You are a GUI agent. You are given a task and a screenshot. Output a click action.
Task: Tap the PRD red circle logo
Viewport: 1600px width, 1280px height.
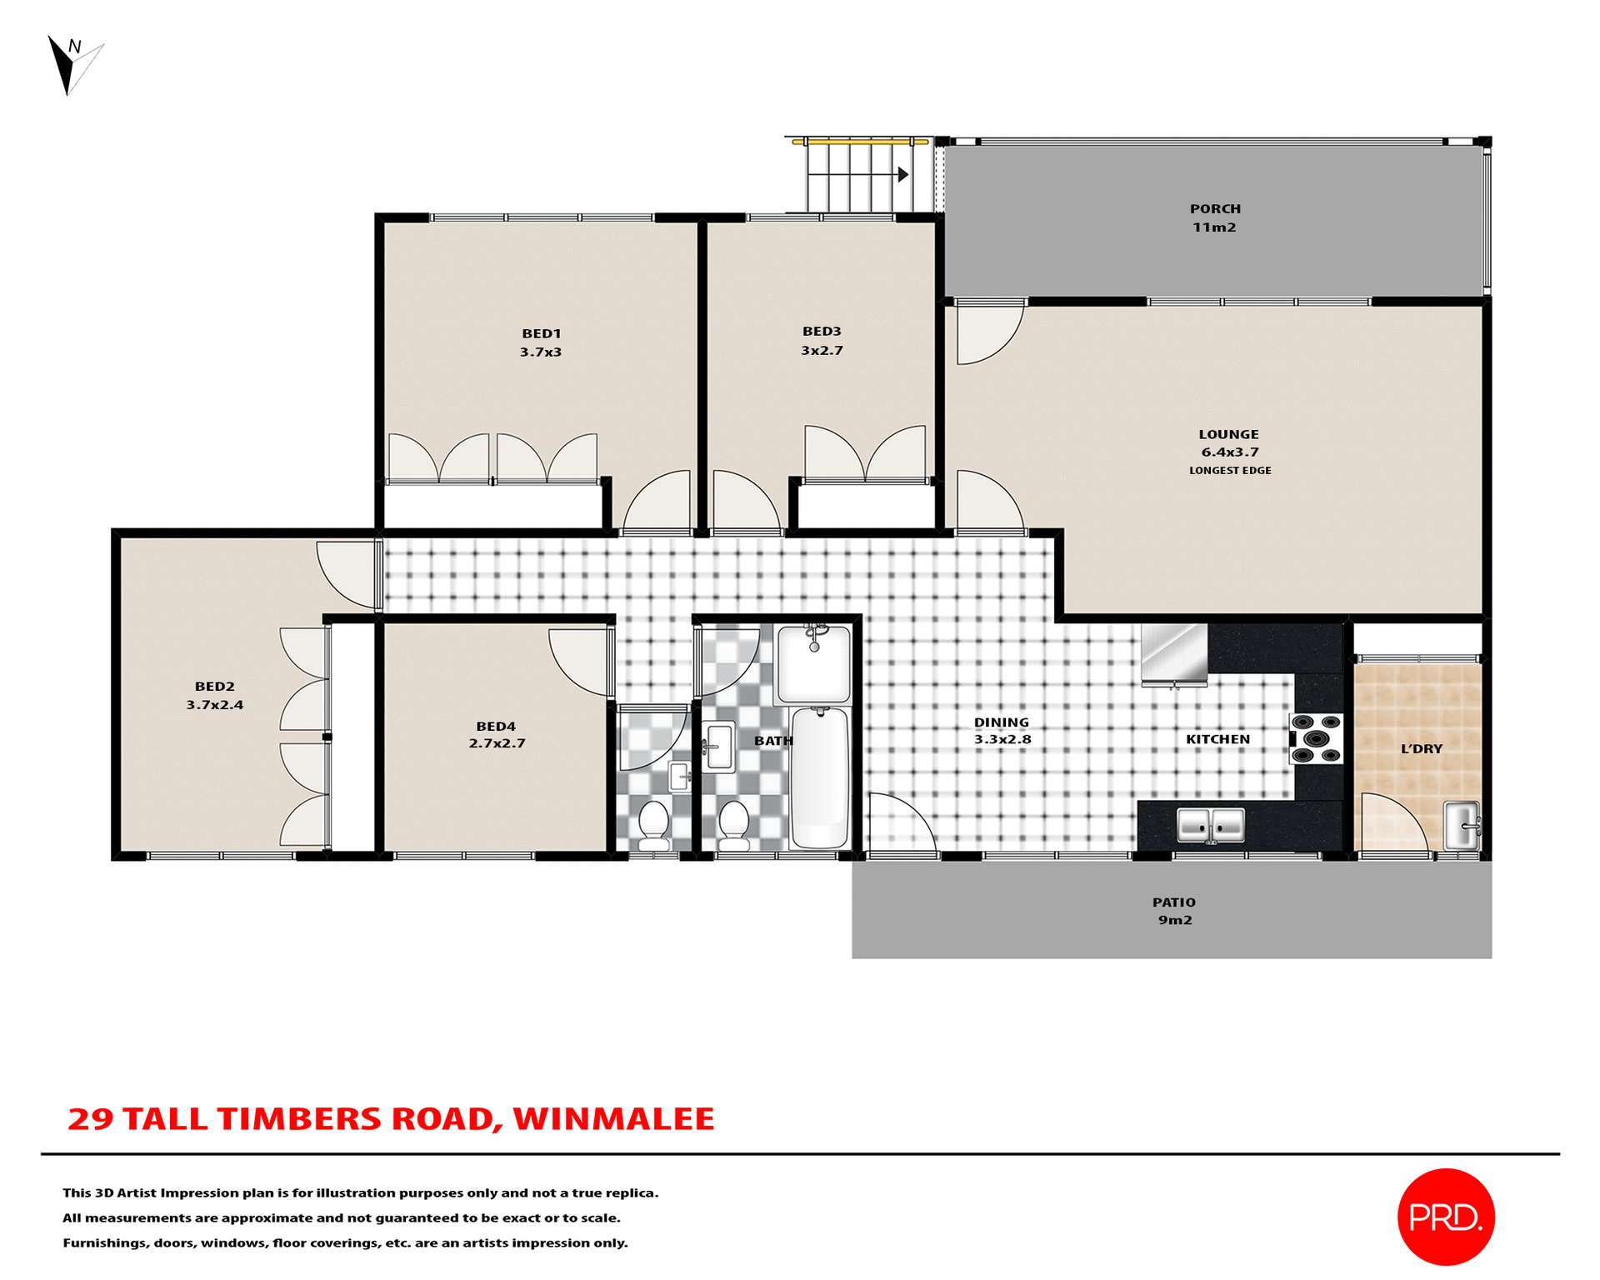(1445, 1217)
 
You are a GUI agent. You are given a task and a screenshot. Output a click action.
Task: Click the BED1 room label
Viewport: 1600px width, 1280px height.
(541, 333)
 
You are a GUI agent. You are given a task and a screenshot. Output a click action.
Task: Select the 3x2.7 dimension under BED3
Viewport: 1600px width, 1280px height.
(822, 351)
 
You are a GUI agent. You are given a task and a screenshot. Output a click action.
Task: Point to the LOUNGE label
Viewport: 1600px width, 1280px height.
(1228, 434)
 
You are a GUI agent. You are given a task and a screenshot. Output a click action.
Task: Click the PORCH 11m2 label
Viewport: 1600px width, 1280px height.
(1215, 217)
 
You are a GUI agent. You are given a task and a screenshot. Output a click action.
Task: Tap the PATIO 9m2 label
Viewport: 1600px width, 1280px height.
(1173, 911)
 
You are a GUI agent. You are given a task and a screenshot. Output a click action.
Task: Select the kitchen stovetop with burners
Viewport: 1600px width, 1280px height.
(1316, 738)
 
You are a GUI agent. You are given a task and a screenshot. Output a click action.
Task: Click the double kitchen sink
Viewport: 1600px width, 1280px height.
(1210, 825)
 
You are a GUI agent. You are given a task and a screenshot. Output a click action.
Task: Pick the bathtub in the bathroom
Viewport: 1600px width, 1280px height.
(820, 777)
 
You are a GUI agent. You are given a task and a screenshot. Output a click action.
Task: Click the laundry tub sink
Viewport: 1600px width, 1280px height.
(1461, 824)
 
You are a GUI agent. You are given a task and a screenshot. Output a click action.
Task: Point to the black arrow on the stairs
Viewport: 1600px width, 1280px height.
(902, 174)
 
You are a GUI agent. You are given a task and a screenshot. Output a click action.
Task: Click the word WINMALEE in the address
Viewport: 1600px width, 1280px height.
(613, 1118)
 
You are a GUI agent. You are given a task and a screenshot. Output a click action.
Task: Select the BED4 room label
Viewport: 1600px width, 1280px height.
(496, 727)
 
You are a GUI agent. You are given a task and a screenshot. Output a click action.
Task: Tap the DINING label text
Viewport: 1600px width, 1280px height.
(1001, 722)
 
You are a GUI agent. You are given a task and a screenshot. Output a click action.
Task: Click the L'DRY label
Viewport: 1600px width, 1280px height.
(1421, 749)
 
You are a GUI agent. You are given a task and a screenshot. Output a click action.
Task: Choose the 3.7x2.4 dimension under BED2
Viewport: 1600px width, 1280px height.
(215, 705)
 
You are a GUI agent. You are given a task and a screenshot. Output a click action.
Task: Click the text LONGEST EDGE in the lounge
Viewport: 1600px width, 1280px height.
(1230, 471)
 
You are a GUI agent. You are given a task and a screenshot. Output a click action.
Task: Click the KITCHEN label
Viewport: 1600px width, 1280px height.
(1217, 739)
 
